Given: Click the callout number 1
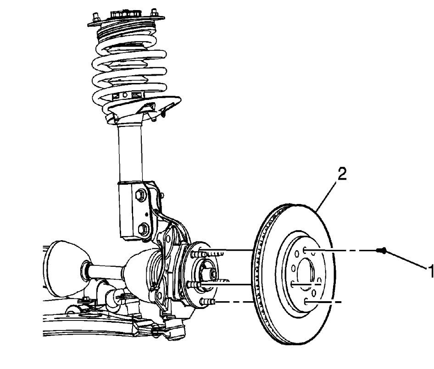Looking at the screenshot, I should (430, 271).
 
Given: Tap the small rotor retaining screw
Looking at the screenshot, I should (382, 250).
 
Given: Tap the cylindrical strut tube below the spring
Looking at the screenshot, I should (131, 151).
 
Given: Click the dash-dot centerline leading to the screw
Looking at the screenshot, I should (349, 251).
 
